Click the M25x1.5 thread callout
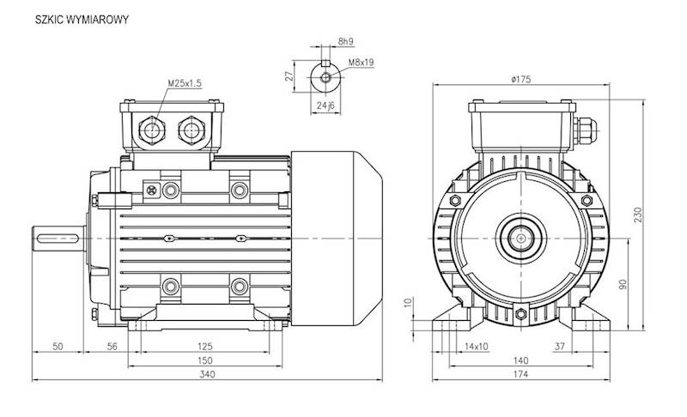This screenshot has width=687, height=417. click(x=184, y=83)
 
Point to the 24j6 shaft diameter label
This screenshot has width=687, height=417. click(x=325, y=106)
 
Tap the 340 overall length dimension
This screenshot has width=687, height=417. click(x=207, y=374)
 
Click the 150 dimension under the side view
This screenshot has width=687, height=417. click(x=204, y=360)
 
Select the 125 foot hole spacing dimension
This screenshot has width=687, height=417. click(x=204, y=346)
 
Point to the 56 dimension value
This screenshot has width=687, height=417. click(x=112, y=346)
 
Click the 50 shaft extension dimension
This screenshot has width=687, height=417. click(x=58, y=346)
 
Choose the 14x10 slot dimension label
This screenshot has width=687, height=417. click(x=476, y=346)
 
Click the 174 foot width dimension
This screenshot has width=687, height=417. click(x=520, y=374)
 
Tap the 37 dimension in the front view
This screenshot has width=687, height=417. click(x=583, y=346)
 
